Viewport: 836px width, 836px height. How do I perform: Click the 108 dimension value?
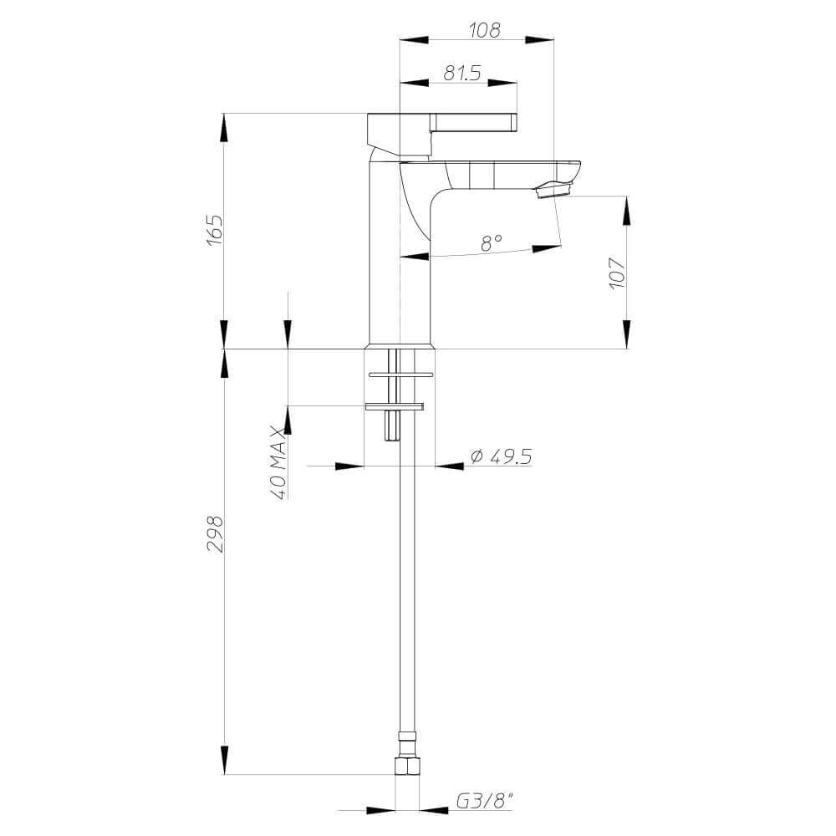pyautogui.click(x=484, y=31)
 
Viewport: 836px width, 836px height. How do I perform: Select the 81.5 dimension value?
pyautogui.click(x=461, y=74)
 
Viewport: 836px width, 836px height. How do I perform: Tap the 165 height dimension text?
pyautogui.click(x=214, y=229)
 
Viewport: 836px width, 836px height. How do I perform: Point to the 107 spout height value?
pyautogui.click(x=617, y=273)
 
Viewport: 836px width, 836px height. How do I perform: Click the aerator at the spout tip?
pyautogui.click(x=553, y=190)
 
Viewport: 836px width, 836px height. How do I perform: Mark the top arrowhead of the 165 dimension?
pyautogui.click(x=223, y=128)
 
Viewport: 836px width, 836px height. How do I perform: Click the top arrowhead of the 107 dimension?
pyautogui.click(x=627, y=211)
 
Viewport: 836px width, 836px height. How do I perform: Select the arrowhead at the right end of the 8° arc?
pyautogui.click(x=547, y=247)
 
